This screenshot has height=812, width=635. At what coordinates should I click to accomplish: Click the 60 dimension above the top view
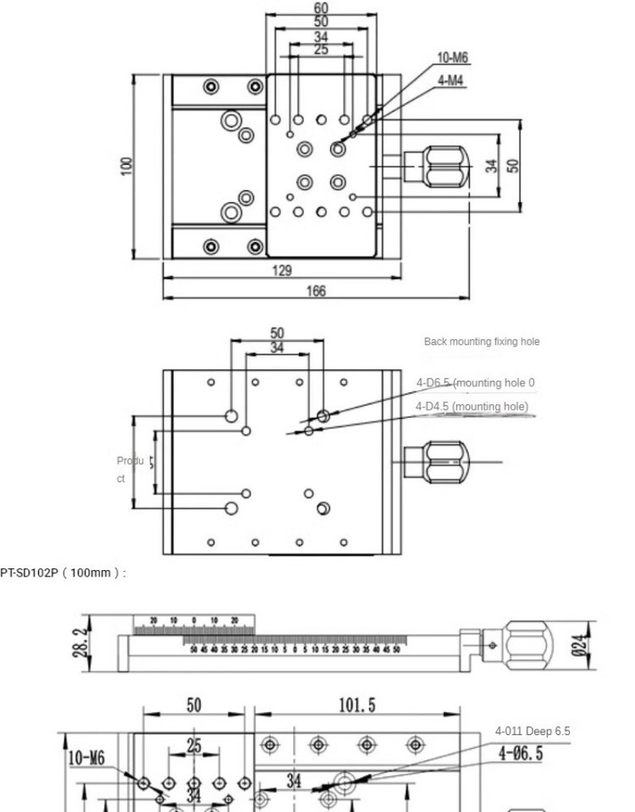pos(321,8)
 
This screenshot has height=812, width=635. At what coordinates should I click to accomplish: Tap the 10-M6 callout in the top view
pos(453,58)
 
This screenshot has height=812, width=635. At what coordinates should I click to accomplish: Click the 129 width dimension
pos(281,270)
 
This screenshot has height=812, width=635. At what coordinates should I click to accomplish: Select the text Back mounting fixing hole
pos(481,342)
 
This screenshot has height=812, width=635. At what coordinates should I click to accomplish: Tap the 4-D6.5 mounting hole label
pos(475,382)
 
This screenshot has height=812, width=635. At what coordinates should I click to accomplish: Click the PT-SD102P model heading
pos(63,573)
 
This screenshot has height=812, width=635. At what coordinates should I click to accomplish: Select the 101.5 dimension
pos(357,705)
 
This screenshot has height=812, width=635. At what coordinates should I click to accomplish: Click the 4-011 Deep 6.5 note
pos(533,732)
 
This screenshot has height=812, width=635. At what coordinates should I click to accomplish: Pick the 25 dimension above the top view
pos(321,50)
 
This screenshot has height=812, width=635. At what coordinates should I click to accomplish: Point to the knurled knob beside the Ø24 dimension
pos(533,643)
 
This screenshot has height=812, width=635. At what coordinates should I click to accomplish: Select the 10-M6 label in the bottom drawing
pos(86,758)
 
